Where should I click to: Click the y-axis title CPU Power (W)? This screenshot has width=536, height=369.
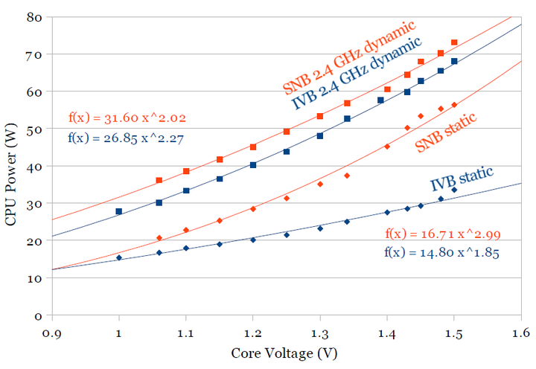[x=11, y=164]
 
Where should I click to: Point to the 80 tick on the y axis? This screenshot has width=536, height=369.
[x=33, y=17]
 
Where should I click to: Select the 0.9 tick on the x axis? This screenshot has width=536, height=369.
[x=51, y=333]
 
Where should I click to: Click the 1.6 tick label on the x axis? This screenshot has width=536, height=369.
[x=520, y=333]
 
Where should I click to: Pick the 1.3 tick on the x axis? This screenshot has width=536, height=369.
[x=319, y=333]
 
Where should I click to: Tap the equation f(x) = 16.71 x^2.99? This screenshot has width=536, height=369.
[x=443, y=234]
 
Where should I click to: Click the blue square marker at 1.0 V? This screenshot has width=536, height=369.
[x=119, y=211]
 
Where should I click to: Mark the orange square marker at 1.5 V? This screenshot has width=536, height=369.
[x=454, y=42]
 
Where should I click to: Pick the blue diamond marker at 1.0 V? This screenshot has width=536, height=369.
[x=119, y=258]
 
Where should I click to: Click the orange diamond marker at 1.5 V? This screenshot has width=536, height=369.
[x=454, y=105]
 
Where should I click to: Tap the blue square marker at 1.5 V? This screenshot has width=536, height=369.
[x=454, y=61]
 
